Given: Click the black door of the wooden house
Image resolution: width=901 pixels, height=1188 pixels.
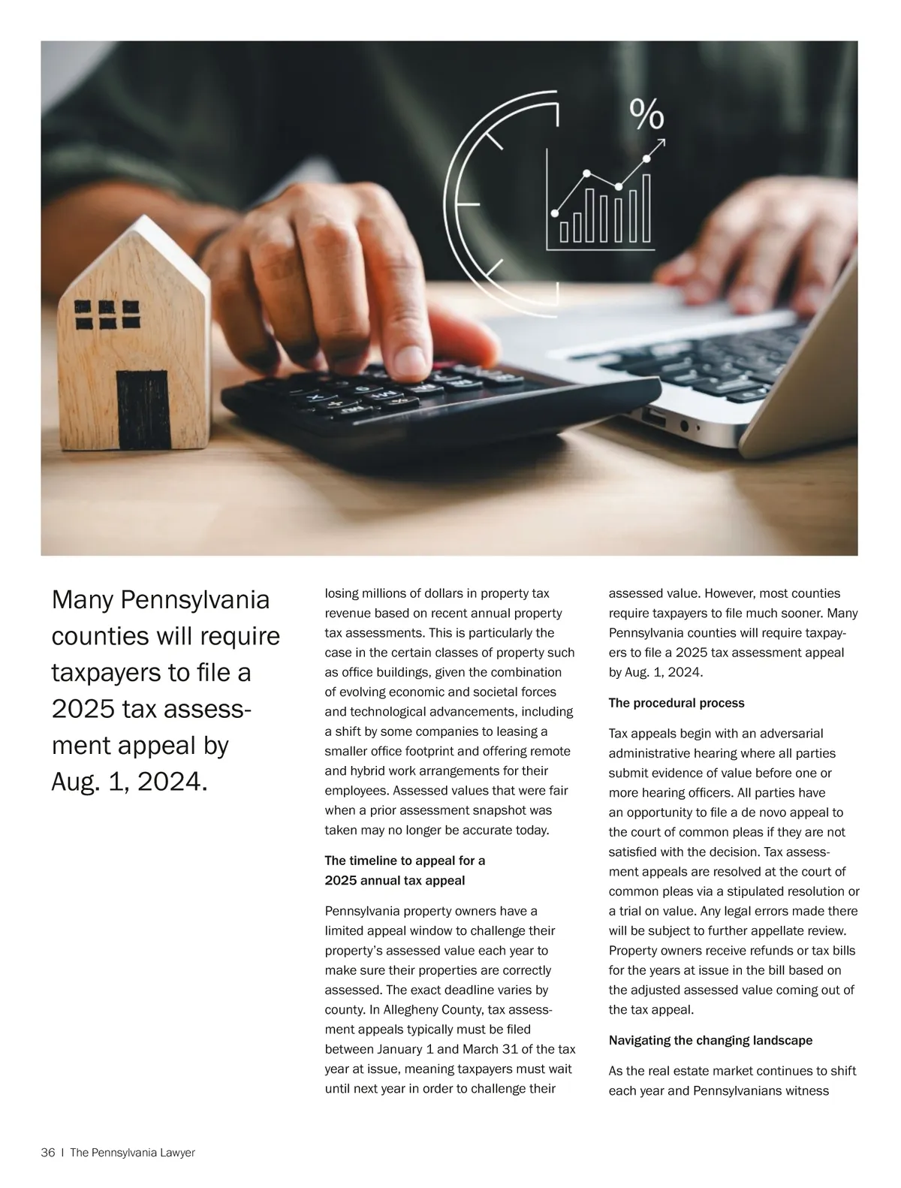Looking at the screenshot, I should [143, 409].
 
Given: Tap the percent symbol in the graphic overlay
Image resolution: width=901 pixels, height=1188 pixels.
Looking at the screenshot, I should [646, 114].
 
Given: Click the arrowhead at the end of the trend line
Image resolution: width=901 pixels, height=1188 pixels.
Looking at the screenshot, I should [660, 143].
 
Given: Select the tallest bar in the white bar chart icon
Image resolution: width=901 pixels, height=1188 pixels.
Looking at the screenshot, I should [646, 207].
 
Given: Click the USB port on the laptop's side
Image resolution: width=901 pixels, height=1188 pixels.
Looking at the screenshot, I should [654, 418].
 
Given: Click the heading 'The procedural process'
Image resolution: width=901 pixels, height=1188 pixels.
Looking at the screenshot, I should [676, 704].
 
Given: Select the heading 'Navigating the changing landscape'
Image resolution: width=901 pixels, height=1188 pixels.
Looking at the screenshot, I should [710, 1041].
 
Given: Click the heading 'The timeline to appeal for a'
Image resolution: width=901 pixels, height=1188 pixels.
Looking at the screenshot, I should [405, 861].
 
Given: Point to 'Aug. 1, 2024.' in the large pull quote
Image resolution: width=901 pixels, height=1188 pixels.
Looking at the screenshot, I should [128, 782].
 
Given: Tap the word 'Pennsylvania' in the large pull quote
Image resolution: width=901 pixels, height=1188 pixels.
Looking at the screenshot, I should [194, 600].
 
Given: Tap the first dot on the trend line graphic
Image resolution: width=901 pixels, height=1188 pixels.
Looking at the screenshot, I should [556, 213].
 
